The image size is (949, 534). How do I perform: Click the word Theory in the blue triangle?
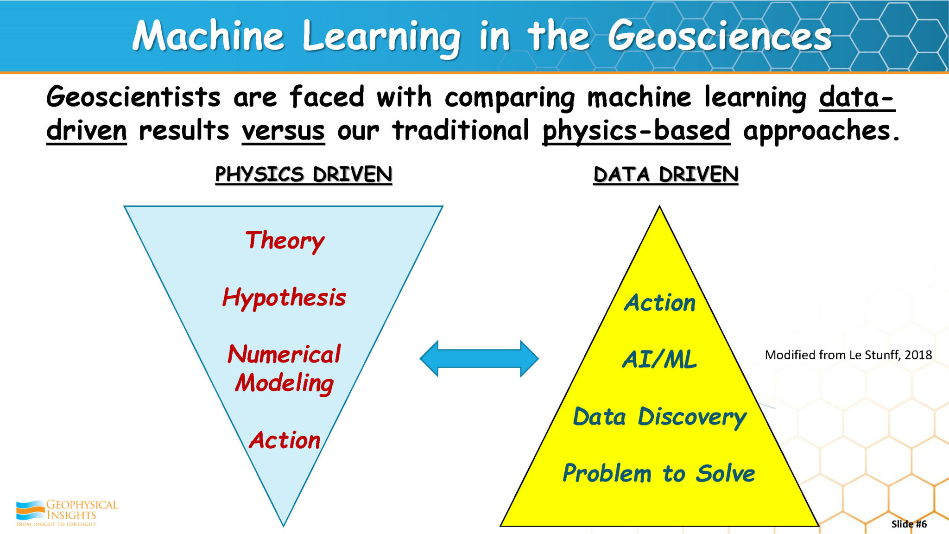coord(285,241)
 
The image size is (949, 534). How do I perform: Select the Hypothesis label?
coord(284,298)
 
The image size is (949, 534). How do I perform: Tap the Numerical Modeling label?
coord(284,369)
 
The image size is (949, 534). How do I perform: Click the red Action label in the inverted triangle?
coord(285,440)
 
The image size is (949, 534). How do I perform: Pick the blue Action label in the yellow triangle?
coord(660,303)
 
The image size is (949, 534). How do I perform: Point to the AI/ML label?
coord(659,360)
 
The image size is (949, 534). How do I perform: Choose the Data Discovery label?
coord(659,417)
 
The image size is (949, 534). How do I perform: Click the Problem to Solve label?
coord(658,473)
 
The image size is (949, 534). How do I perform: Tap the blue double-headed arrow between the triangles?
coord(479,358)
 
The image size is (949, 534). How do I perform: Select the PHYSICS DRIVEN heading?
coord(304,175)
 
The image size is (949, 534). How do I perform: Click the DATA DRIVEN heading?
coord(665,175)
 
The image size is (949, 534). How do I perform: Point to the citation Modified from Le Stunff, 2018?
coord(848,355)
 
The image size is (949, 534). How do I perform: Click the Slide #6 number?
coord(909,524)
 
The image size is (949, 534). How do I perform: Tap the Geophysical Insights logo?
coord(67,513)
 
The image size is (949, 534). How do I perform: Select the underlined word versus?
coord(283,131)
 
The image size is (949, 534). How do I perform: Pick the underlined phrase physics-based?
coord(636,131)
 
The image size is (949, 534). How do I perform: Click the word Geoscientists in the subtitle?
coord(133,97)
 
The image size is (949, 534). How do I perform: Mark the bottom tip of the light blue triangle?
coord(284,525)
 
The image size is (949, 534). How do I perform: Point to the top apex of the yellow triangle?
coord(659,207)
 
